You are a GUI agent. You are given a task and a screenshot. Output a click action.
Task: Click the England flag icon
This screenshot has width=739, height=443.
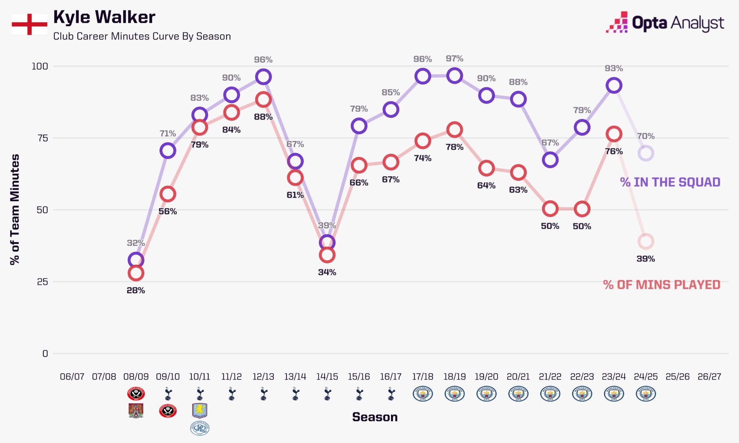tap(29, 24)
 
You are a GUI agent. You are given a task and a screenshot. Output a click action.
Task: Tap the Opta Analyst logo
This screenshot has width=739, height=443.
tap(665, 23)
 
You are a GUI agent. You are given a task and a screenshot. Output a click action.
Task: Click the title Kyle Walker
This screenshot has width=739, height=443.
tap(104, 17)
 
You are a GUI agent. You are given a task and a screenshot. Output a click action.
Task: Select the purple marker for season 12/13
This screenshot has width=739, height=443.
tap(263, 77)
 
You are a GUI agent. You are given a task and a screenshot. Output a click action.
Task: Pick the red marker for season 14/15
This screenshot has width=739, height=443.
tap(327, 255)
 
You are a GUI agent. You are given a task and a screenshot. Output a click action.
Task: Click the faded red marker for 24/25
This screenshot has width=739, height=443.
tap(646, 241)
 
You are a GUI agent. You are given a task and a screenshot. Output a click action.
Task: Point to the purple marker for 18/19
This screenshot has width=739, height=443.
tap(454, 76)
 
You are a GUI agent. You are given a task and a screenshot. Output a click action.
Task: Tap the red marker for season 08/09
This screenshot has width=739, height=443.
tap(136, 273)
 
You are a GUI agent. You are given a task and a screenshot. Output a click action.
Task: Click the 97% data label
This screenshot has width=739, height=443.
tap(454, 58)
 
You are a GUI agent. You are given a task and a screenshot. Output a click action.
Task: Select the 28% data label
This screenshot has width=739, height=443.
tap(136, 290)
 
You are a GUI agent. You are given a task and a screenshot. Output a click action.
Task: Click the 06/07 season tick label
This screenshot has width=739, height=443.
tap(72, 377)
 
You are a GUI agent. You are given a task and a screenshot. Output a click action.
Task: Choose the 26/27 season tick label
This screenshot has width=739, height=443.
tap(709, 377)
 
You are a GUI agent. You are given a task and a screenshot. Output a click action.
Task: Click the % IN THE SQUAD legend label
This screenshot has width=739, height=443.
tap(670, 182)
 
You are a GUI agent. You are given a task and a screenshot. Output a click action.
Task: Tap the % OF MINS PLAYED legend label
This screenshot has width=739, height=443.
tap(661, 285)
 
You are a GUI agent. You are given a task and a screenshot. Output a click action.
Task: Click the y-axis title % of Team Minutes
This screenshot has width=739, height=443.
tap(15, 209)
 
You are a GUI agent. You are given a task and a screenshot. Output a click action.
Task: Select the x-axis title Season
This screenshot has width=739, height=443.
tap(375, 417)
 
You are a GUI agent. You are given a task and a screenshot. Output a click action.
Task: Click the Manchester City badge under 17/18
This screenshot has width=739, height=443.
tap(423, 394)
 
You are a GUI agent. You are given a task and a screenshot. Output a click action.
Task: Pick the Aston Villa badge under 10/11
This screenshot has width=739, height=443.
tap(200, 410)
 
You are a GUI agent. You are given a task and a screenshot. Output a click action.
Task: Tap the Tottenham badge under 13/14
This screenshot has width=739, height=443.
tap(295, 394)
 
